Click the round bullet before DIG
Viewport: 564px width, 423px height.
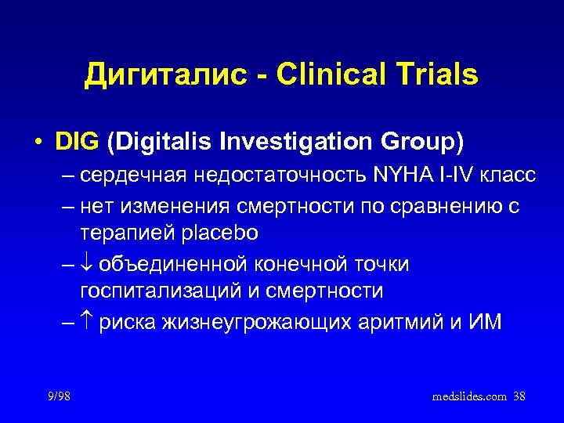(38, 143)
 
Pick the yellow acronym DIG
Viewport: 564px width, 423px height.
(77, 143)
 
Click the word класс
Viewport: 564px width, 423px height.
(510, 176)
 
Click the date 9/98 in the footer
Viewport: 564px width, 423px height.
(59, 397)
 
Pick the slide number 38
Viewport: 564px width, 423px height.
(519, 397)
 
